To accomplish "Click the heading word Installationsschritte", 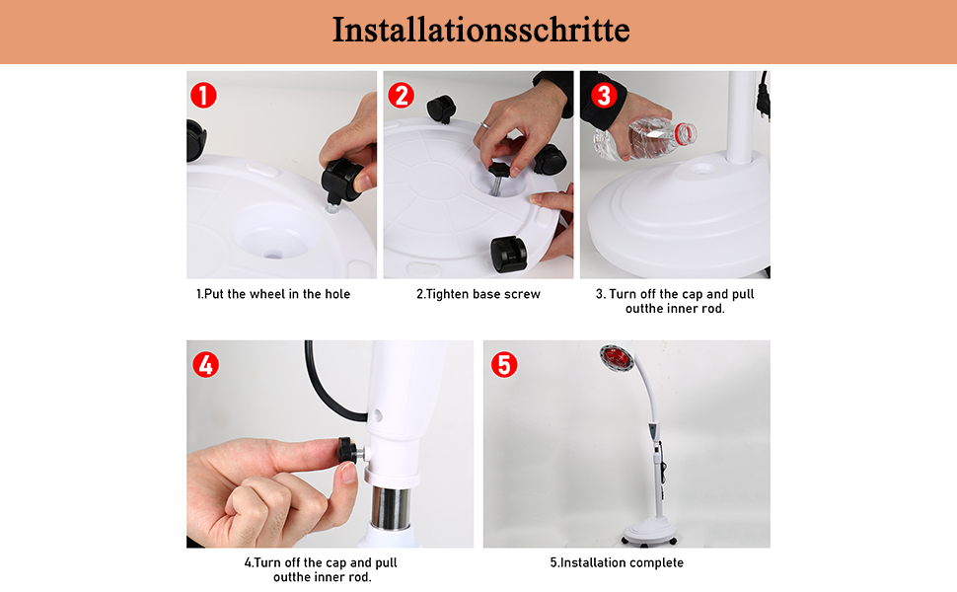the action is click(x=480, y=30).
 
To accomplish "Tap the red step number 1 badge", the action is click(x=203, y=95).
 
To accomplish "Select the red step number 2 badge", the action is click(x=401, y=95).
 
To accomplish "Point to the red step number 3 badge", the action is click(x=604, y=95).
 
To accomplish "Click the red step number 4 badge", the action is click(x=205, y=364).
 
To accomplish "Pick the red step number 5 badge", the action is click(x=504, y=364).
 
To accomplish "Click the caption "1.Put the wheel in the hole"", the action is click(x=273, y=294).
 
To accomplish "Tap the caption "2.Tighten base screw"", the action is click(x=478, y=294).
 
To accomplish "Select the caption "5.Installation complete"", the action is click(x=617, y=562).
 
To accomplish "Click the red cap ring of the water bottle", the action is click(x=688, y=133).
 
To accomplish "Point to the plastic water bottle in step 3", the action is click(x=644, y=139).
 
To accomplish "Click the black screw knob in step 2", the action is click(x=499, y=169).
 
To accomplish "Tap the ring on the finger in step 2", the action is click(x=484, y=124).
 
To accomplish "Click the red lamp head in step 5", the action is click(x=617, y=358).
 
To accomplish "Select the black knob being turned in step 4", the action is click(x=348, y=450).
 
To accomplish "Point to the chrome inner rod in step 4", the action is click(x=391, y=506).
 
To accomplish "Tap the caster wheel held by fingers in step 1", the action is click(x=343, y=181).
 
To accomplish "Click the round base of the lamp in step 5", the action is click(x=649, y=530).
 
